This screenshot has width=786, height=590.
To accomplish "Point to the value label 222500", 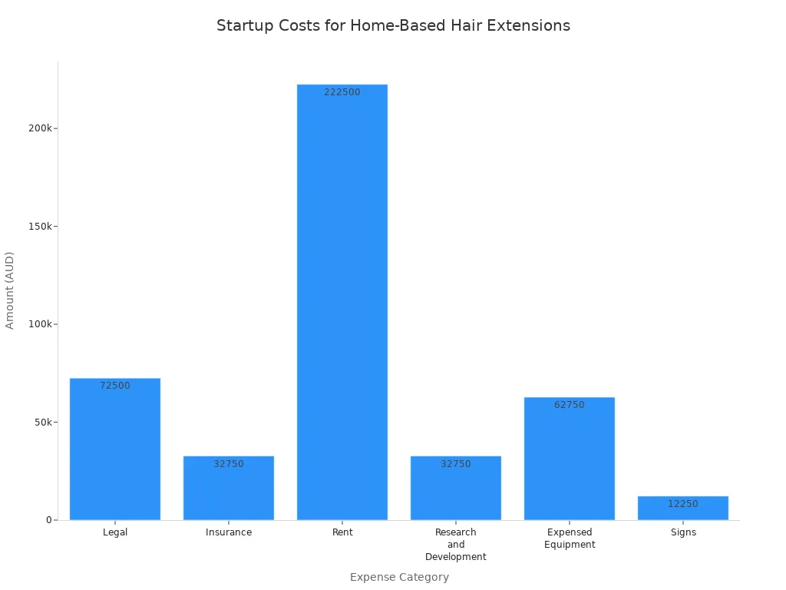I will (342, 92).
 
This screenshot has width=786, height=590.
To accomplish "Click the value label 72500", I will (115, 386).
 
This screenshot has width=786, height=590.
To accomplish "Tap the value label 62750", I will (570, 405).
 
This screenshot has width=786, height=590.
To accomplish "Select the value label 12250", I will (682, 504).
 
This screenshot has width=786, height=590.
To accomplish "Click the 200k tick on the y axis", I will (40, 128).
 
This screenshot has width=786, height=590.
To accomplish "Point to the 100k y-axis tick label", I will (40, 324).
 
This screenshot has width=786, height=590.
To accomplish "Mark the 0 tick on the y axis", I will (48, 520).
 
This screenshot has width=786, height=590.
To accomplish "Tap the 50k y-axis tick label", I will (42, 423).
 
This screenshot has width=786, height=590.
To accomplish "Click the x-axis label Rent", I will (342, 532).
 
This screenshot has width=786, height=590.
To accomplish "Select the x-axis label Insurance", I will (229, 532).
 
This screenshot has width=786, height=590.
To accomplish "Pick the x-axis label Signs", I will (682, 532).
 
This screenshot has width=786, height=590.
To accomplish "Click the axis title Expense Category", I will (399, 577).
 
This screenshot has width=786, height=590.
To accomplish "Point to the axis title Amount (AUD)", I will (10, 290).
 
